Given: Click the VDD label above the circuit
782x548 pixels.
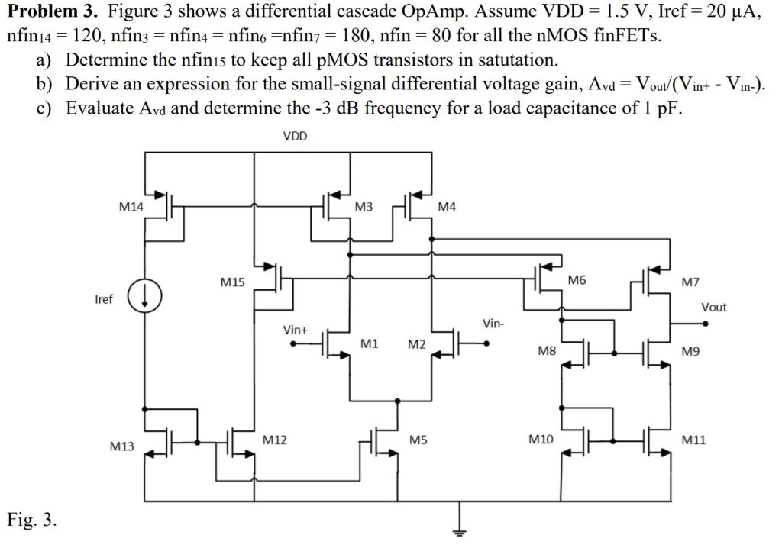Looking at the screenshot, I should click(x=295, y=136).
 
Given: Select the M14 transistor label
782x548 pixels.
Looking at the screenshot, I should click(x=131, y=206).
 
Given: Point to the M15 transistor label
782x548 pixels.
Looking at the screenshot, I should click(x=232, y=282).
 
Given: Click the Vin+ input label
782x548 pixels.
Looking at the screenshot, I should click(x=295, y=330).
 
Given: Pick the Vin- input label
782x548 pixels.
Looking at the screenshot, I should click(x=493, y=324).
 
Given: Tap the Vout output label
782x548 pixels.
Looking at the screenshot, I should click(x=714, y=308).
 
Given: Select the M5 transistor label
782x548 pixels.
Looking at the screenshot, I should click(x=418, y=440).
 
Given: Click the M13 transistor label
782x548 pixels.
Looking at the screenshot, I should click(x=121, y=446).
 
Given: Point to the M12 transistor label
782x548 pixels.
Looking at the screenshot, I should click(x=274, y=440).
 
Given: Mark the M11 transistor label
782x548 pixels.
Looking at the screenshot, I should click(x=694, y=440).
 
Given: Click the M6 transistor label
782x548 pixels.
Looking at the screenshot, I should click(x=578, y=281).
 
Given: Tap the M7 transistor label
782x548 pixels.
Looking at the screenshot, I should click(x=690, y=282).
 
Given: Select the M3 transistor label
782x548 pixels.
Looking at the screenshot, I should click(x=364, y=207).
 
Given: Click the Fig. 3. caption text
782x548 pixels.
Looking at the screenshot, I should click(x=31, y=521).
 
